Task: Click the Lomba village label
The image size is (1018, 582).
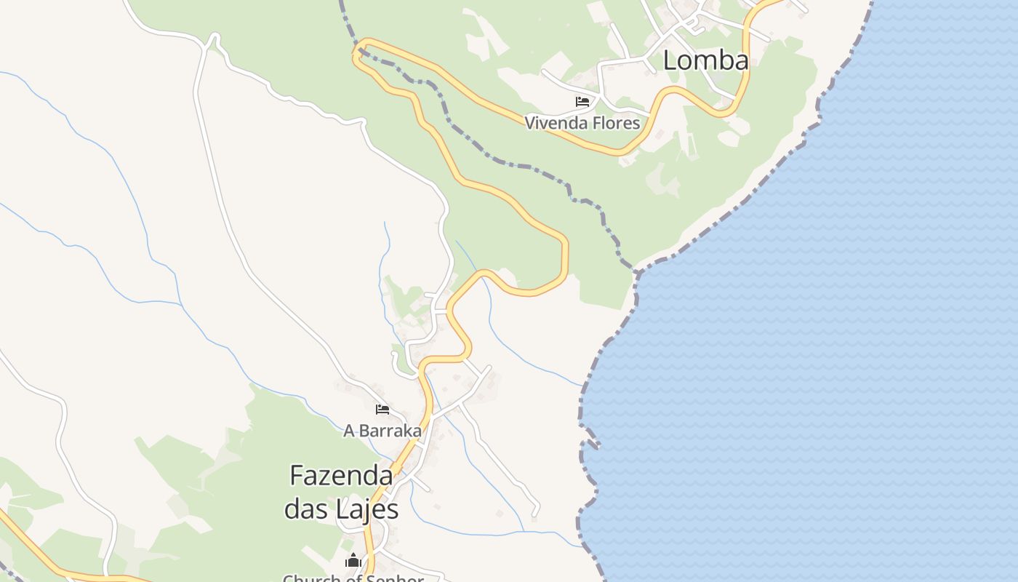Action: click(705, 60)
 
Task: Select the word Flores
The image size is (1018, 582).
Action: click(616, 123)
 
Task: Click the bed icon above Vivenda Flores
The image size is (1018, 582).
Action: click(582, 101)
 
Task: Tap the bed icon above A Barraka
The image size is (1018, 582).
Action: click(382, 410)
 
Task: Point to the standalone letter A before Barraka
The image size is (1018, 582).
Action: click(349, 431)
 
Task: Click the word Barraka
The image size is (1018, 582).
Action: click(390, 431)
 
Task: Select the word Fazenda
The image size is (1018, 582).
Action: click(341, 476)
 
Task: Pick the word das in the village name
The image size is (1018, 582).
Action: click(307, 509)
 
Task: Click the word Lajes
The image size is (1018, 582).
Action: click(367, 509)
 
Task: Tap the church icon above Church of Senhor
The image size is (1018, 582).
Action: click(353, 561)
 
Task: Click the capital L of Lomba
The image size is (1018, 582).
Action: click(670, 60)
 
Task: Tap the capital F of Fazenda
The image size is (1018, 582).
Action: click(297, 476)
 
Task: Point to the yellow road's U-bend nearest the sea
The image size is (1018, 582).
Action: click(564, 262)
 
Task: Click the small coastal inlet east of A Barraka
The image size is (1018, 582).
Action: click(590, 444)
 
